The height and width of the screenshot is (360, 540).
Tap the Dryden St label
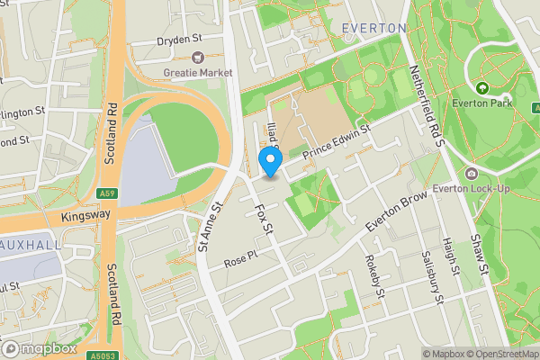point(177,40)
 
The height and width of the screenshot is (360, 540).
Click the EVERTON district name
point(374,29)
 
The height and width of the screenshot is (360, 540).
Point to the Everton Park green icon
point(482,88)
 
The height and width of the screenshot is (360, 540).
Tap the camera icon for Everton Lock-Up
point(472,173)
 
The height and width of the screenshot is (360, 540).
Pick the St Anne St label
point(210,227)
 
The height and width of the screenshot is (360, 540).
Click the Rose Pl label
point(240,259)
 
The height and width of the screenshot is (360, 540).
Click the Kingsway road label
point(85,215)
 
